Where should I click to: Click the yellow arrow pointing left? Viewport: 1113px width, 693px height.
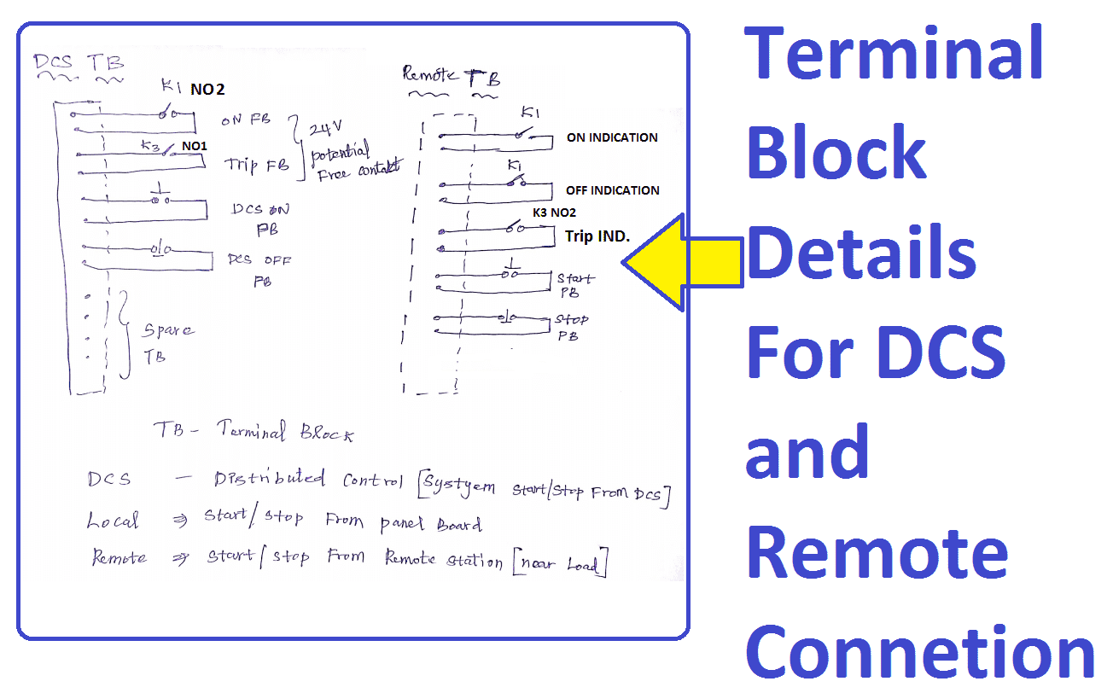coord(674,264)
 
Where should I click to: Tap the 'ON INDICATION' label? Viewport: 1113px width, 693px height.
coord(612,137)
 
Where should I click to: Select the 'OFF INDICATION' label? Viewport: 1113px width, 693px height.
coord(612,190)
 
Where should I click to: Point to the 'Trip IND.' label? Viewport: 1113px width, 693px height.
coord(597,236)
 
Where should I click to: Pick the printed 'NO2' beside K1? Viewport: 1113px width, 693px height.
coord(208,88)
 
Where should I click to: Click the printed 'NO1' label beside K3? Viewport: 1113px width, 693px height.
coord(194,147)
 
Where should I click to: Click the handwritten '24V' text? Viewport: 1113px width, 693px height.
coord(323,130)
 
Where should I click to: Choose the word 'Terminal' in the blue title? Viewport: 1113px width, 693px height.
coord(894,53)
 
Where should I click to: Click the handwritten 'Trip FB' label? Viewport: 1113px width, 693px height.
coord(256,165)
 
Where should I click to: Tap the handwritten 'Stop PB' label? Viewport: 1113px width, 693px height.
coord(571,327)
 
